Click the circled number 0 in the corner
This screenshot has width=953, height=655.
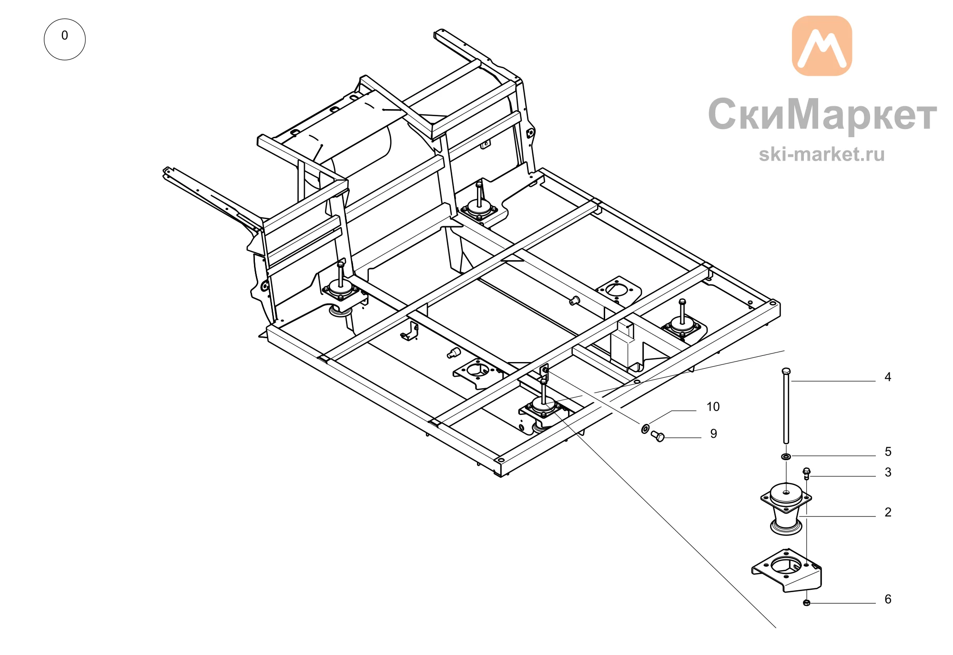click(65, 39)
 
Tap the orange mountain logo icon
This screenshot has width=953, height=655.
click(822, 46)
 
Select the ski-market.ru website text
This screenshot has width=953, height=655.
click(822, 154)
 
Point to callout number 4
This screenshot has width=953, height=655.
click(888, 377)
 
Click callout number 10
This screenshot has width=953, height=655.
click(713, 407)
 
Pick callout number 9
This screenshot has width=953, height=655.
click(713, 434)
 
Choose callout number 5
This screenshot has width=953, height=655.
click(888, 452)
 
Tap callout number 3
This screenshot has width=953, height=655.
click(888, 473)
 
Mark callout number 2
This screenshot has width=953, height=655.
click(888, 513)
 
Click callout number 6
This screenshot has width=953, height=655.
click(888, 599)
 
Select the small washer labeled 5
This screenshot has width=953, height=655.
click(786, 457)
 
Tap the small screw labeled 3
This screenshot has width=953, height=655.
click(806, 474)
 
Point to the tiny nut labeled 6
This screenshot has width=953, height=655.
click(806, 603)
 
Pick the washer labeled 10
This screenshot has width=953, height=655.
click(645, 429)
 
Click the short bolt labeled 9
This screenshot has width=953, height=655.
click(658, 436)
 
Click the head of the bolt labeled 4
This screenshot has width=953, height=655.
click(786, 371)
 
